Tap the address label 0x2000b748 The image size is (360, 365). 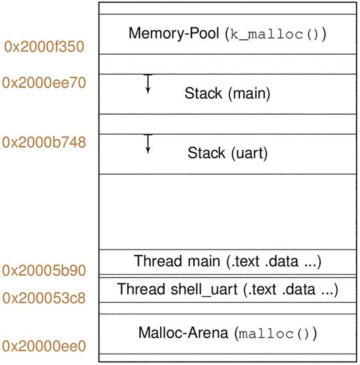click(x=44, y=142)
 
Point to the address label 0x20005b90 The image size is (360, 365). click(x=43, y=270)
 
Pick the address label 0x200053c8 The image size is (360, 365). click(x=43, y=298)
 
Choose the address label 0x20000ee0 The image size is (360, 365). click(x=44, y=346)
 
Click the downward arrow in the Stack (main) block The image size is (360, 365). click(x=148, y=83)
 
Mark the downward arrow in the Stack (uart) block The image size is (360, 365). click(x=148, y=143)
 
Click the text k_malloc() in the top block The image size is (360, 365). click(x=273, y=34)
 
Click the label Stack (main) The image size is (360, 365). click(x=227, y=93)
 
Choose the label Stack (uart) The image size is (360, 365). click(x=227, y=153)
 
